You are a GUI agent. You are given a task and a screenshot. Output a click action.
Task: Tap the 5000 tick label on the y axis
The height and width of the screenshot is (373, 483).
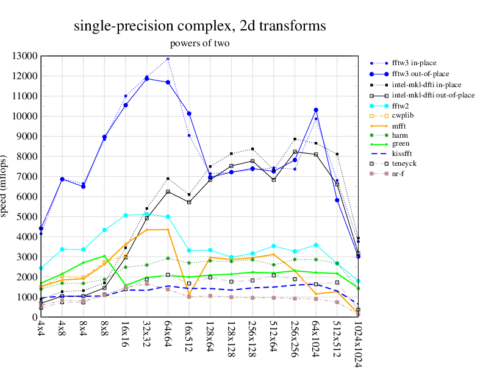coord(27,217)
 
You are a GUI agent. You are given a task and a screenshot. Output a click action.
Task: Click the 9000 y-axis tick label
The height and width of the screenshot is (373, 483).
coord(27,137)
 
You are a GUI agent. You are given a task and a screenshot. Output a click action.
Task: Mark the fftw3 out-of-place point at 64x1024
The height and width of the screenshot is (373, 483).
coord(316,110)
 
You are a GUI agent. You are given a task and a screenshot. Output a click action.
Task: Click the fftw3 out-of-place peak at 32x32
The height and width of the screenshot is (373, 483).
coord(147,79)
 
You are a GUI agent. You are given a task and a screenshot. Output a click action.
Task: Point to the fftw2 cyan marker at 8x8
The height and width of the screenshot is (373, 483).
coord(105,230)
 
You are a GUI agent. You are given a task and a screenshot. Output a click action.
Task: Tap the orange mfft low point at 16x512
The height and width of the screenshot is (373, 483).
coord(189,294)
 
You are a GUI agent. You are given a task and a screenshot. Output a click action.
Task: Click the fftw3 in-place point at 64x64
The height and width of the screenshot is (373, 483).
coord(168,59)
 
